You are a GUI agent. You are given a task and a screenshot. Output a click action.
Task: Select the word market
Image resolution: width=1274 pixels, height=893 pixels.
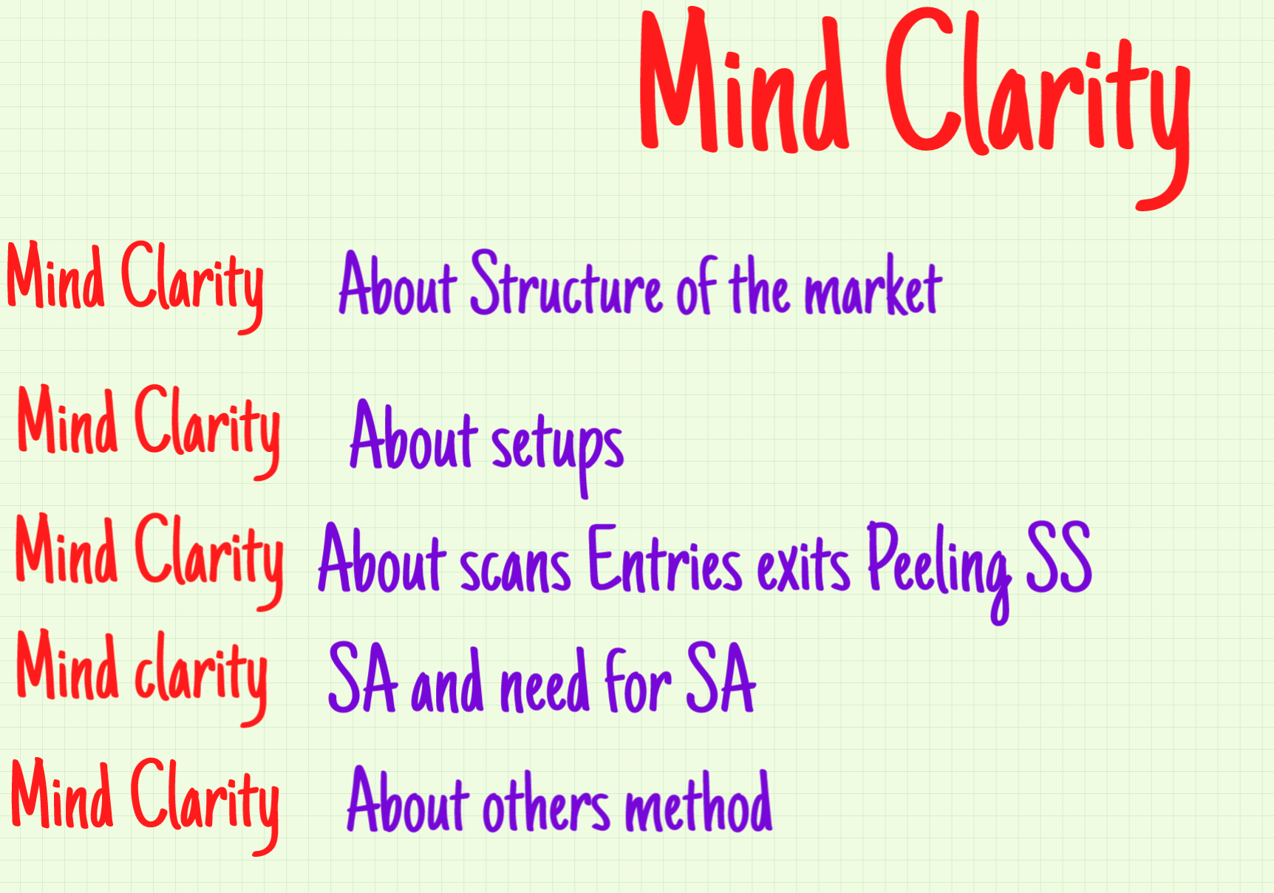tap(873, 288)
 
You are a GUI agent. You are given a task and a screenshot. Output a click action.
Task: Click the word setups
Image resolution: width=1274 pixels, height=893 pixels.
tap(557, 447)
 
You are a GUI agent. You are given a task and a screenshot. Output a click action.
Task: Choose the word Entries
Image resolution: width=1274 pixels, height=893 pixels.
tap(664, 561)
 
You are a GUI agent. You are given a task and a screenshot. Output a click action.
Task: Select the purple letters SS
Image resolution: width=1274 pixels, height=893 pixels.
tap(1058, 558)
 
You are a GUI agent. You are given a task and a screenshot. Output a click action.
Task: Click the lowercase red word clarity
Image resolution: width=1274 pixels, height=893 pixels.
tap(200, 672)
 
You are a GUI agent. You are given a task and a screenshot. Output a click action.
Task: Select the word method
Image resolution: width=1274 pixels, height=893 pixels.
tap(698, 804)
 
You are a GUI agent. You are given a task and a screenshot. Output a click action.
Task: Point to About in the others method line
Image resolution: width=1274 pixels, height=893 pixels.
tap(408, 802)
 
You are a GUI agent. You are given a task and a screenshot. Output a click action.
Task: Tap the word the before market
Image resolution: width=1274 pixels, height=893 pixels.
tap(760, 288)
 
